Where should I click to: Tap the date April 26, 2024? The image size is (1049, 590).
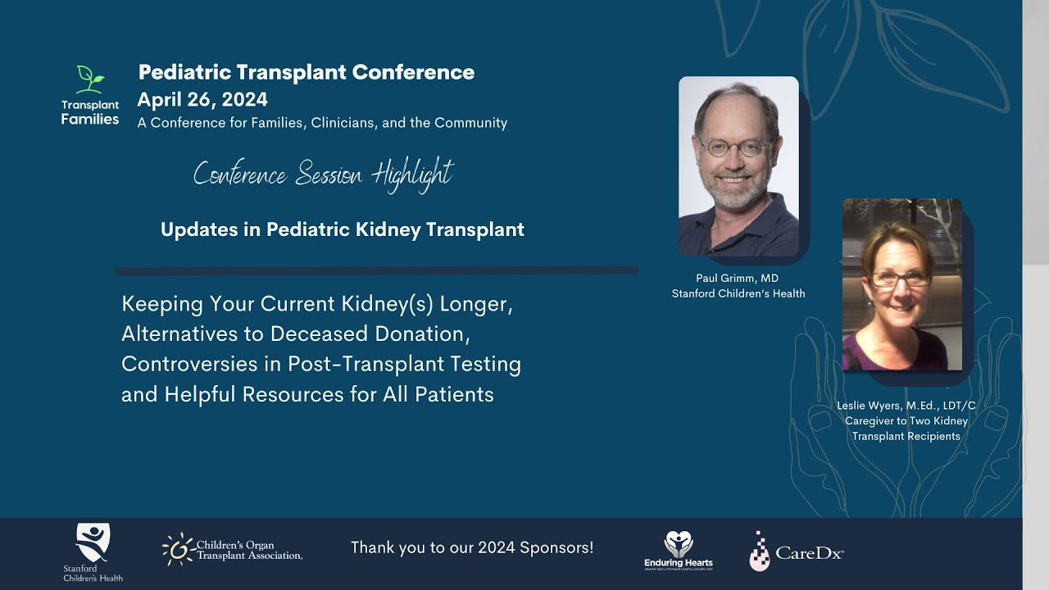[202, 99]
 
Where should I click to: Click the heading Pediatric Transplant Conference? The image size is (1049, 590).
[306, 72]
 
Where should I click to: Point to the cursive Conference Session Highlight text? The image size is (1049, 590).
[323, 174]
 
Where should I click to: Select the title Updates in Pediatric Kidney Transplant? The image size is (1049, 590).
[342, 229]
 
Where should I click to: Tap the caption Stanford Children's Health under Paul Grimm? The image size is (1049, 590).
[738, 293]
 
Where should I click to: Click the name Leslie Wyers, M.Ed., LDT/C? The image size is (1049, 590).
[906, 406]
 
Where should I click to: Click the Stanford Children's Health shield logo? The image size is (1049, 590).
[93, 542]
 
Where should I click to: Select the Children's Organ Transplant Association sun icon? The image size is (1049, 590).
[177, 548]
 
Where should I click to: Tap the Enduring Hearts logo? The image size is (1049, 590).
[678, 549]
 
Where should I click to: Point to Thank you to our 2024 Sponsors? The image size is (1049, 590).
[472, 547]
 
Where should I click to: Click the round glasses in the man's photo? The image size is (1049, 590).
[736, 148]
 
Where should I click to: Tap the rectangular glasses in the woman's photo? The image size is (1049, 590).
[901, 279]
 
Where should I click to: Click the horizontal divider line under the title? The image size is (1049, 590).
[376, 270]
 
